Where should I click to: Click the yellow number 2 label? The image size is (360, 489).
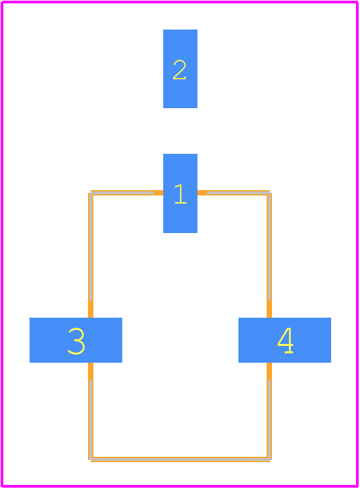pos(180,69)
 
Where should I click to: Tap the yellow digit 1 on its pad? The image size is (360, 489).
pos(180,193)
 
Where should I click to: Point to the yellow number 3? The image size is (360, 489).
pos(76,341)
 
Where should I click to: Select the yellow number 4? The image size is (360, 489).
pos(285,341)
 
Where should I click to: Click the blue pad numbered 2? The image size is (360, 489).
pos(180,69)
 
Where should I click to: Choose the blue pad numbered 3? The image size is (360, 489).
pos(76,340)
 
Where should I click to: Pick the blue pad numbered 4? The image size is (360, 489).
pos(285,340)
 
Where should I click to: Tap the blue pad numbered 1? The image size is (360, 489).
pos(180,193)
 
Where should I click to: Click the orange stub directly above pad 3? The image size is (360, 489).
pos(91,310)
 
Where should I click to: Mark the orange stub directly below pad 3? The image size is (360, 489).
pos(91,371)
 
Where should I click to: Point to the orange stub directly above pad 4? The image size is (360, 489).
pos(269,309)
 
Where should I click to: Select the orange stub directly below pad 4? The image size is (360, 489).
pos(269,371)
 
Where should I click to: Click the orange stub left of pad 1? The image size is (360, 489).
pos(159,193)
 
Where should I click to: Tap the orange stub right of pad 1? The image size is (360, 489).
pos(202,193)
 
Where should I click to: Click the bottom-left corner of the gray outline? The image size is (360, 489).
pos(91,459)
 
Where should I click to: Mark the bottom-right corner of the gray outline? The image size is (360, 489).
pos(269,459)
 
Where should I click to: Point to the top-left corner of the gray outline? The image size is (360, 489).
pos(91,193)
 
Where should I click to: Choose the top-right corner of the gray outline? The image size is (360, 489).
pos(269,193)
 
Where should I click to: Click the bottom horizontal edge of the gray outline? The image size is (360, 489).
pos(180,459)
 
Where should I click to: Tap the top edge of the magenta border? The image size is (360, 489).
pos(180,2)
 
